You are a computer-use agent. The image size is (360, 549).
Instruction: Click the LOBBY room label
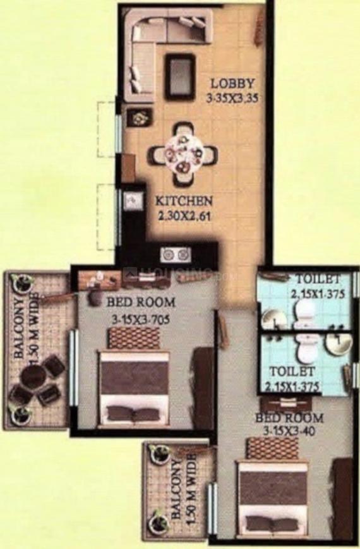click(232, 83)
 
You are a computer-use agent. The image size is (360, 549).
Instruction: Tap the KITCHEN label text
click(184, 202)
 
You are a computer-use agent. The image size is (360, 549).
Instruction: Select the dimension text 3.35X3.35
click(232, 98)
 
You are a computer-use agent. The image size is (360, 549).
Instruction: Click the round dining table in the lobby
click(183, 154)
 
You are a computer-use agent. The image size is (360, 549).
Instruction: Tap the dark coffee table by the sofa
click(180, 76)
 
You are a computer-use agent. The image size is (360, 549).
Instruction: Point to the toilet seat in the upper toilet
click(305, 310)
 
